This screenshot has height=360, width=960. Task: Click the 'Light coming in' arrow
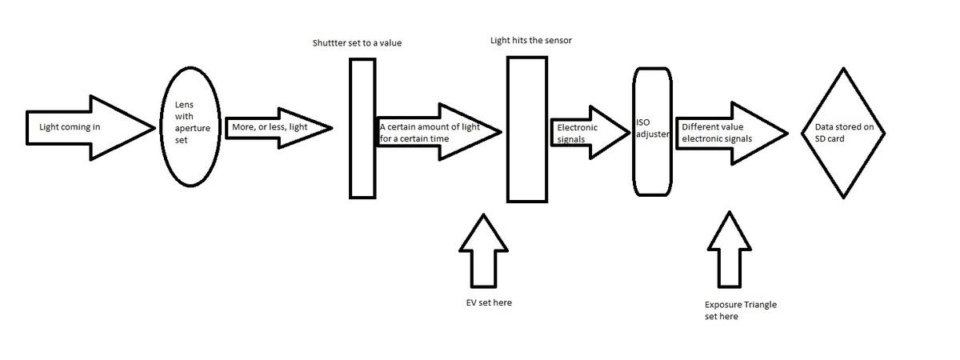[x=88, y=127]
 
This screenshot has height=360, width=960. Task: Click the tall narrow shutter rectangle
[x=362, y=128]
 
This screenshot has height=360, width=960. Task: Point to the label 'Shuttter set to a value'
[x=357, y=42]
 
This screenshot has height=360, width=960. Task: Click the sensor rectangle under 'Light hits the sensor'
[x=527, y=128]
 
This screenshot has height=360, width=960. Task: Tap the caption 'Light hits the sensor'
[x=531, y=39]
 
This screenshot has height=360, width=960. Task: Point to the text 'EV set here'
[x=489, y=302]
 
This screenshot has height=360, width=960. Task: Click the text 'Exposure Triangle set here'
[x=740, y=310]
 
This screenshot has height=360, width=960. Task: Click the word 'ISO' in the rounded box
[x=643, y=122]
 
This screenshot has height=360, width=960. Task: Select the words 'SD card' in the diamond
[x=824, y=138]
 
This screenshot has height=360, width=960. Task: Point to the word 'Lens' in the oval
[x=184, y=105]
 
